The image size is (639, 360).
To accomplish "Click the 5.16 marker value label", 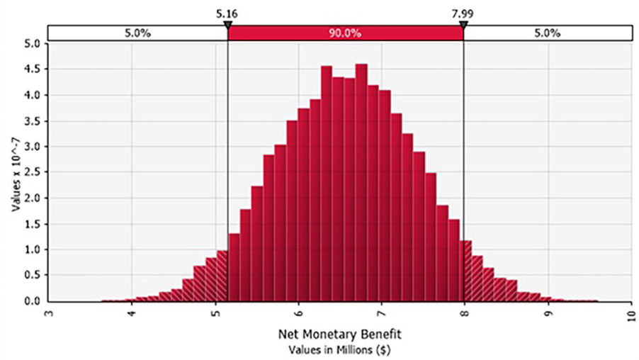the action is pos(227,14).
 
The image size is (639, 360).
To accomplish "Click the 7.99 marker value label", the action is pos(463,14).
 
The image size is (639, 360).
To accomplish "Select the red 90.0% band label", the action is pos(345,33).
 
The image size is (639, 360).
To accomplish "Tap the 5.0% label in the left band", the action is pos(137,33).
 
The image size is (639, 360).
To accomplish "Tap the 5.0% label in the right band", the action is pos(548,33).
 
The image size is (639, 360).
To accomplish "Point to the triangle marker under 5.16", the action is pos(228,26).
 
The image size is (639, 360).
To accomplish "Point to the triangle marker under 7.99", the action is pos(463,26).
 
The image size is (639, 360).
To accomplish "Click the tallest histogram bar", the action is pos(361,183).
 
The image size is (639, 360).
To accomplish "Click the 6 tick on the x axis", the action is pos(298,313).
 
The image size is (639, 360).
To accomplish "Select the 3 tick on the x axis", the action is pos(48,313).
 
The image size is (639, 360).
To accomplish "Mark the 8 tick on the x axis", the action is pos(465,313).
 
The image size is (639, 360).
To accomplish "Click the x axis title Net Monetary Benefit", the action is pos(339,334).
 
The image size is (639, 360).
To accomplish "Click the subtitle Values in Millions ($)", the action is pos(339,350).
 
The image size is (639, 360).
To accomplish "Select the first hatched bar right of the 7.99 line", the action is pos(466,271).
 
